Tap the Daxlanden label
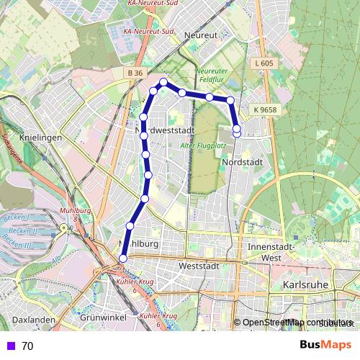[x=34, y=318]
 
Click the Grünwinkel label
[x=103, y=318]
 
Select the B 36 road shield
[x=134, y=73]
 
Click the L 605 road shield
[x=265, y=64]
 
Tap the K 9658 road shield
[x=265, y=109]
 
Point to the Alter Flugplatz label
[x=204, y=146]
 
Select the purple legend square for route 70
[x=10, y=346]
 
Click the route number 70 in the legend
[x=27, y=346]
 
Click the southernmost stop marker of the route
[x=122, y=258]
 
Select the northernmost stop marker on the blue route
[x=163, y=82]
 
